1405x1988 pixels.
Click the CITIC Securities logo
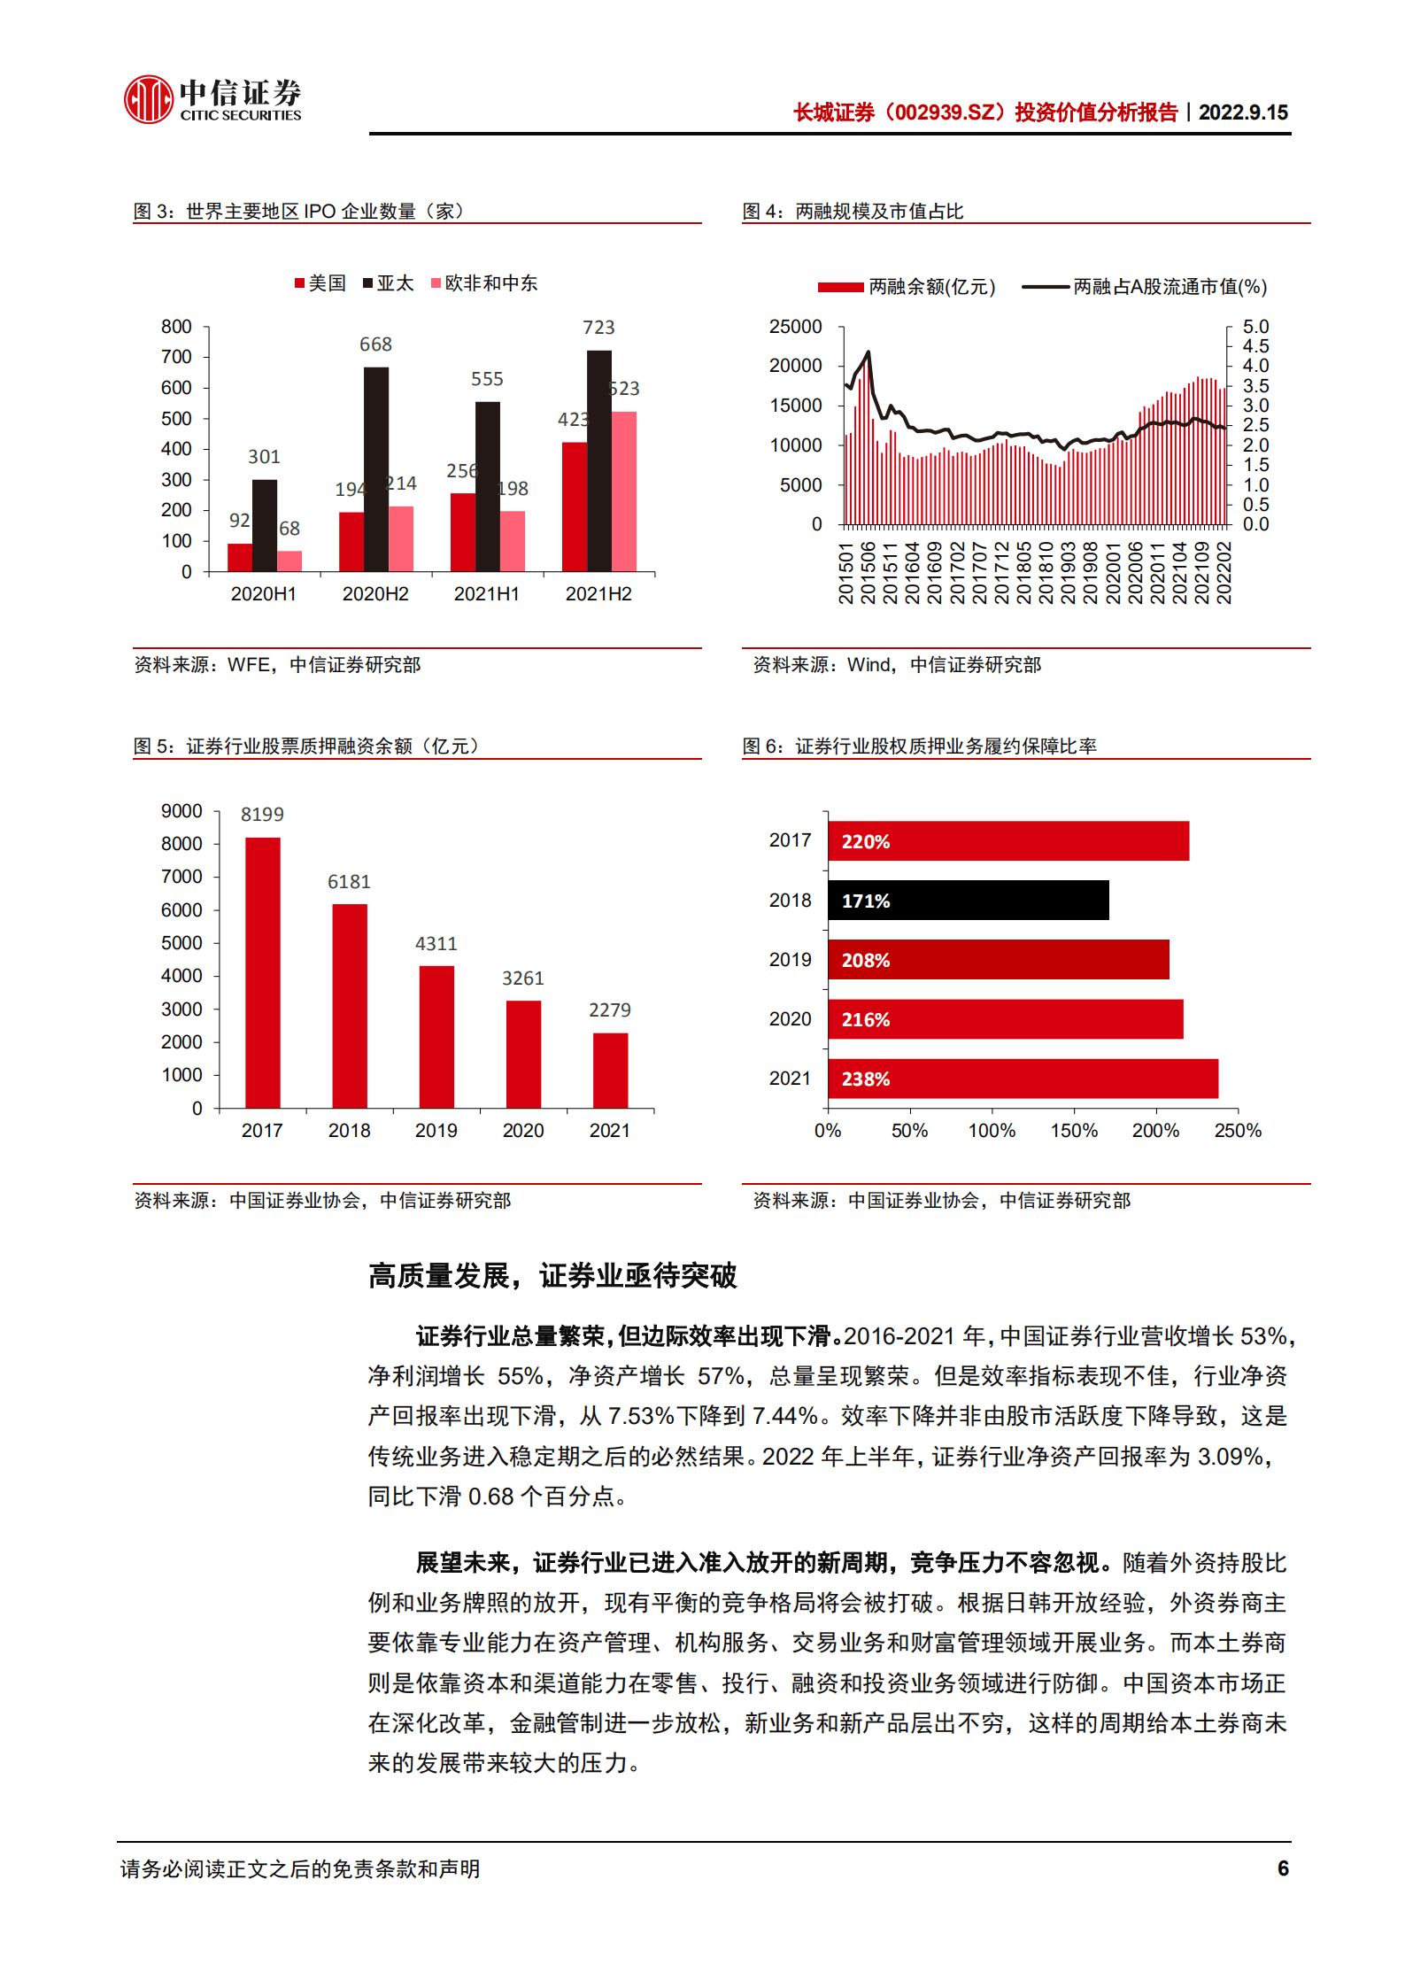click(212, 99)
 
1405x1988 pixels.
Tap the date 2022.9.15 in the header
click(1243, 112)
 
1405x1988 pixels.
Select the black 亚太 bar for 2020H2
click(375, 469)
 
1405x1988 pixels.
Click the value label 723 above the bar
click(598, 328)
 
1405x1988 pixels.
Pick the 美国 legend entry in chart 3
click(320, 283)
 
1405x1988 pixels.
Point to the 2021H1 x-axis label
click(486, 594)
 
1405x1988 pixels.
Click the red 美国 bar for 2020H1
click(240, 557)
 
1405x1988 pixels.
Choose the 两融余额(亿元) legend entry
click(907, 287)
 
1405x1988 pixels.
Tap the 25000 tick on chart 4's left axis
click(795, 327)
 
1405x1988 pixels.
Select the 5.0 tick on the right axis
click(1255, 327)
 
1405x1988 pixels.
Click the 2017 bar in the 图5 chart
click(263, 972)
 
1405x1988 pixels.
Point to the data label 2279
click(610, 1010)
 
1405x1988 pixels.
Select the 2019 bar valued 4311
click(436, 1036)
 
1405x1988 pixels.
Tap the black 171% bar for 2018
click(968, 901)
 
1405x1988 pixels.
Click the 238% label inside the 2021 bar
click(865, 1079)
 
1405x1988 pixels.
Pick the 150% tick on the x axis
click(1073, 1131)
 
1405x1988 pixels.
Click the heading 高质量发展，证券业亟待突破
click(552, 1276)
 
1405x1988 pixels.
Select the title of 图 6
click(919, 746)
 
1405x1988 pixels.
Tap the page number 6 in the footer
click(1283, 1868)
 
